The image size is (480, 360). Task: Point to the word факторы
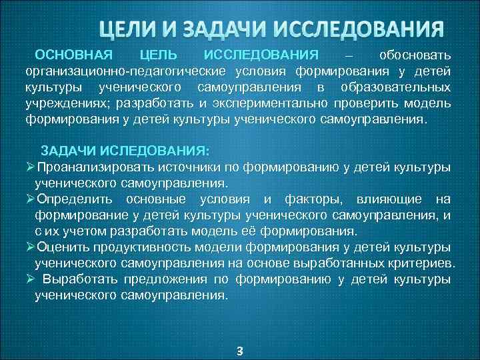(312, 199)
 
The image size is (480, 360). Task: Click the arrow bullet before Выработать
(30, 280)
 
